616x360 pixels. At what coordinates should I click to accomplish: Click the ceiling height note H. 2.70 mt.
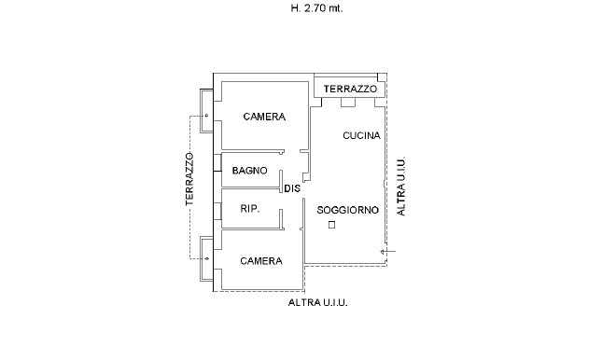[316, 8]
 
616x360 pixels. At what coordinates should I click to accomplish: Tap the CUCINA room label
[361, 135]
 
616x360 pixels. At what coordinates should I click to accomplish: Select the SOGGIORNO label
[348, 210]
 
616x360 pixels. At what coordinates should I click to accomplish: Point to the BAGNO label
[249, 171]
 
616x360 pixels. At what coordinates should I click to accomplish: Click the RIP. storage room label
[250, 209]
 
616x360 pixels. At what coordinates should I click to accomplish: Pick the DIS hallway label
[292, 188]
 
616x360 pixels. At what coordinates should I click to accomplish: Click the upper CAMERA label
[264, 117]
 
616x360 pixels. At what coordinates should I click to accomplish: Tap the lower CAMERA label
[261, 261]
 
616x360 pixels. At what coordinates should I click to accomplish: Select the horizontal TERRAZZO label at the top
[350, 90]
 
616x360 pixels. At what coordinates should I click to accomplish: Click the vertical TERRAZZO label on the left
[189, 179]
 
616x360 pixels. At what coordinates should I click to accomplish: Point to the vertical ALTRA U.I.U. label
[400, 187]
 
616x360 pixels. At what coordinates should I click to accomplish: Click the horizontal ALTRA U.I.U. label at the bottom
[318, 303]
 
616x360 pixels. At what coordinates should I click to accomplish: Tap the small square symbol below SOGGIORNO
[332, 225]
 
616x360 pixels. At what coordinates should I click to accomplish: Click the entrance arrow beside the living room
[388, 252]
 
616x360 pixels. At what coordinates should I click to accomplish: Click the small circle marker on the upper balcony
[206, 116]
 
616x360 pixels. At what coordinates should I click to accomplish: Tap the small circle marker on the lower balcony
[207, 258]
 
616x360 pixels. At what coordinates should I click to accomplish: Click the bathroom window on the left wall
[217, 162]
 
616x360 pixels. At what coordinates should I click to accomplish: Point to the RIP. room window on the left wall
[217, 210]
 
